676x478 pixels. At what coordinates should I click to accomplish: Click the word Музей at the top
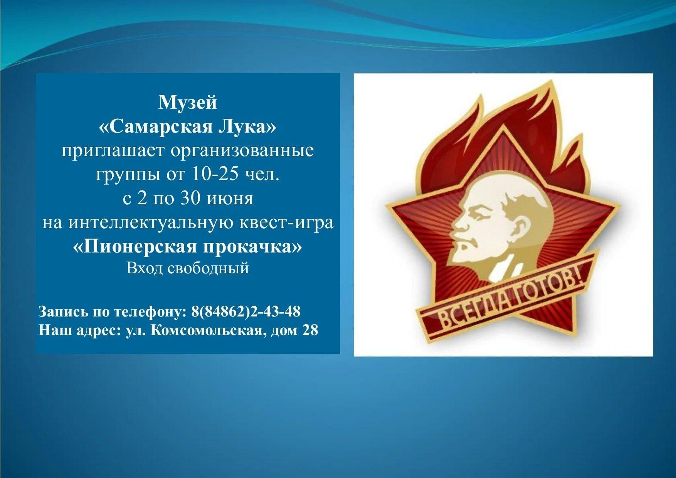tap(188, 103)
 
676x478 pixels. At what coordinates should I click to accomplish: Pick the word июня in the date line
tap(230, 199)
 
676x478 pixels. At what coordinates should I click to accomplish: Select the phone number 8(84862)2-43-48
tap(246, 311)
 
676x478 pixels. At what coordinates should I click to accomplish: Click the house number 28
tap(310, 330)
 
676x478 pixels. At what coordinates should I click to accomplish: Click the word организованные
tap(242, 151)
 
